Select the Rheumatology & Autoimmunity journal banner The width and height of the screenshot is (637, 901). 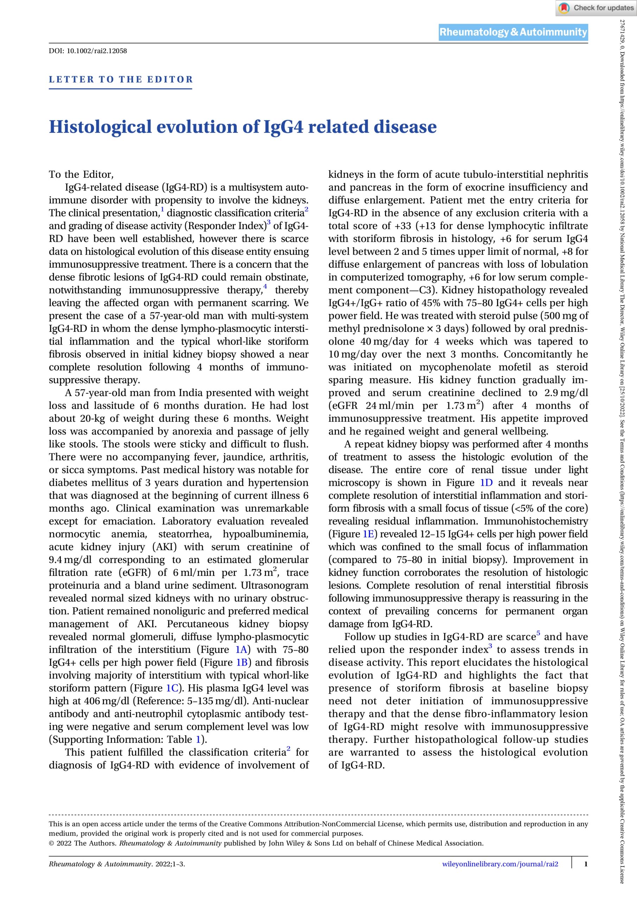[x=513, y=32]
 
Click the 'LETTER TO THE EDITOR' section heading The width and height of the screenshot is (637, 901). [x=121, y=79]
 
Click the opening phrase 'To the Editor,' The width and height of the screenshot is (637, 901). [x=81, y=174]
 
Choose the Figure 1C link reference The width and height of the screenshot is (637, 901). [x=172, y=688]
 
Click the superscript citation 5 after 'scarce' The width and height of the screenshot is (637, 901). [x=538, y=634]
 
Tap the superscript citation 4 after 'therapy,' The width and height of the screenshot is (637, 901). [x=266, y=287]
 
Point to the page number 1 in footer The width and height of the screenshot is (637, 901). [x=586, y=864]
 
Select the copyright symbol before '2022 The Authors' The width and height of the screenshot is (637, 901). [x=51, y=843]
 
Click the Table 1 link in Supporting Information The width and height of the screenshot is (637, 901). [x=198, y=739]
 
